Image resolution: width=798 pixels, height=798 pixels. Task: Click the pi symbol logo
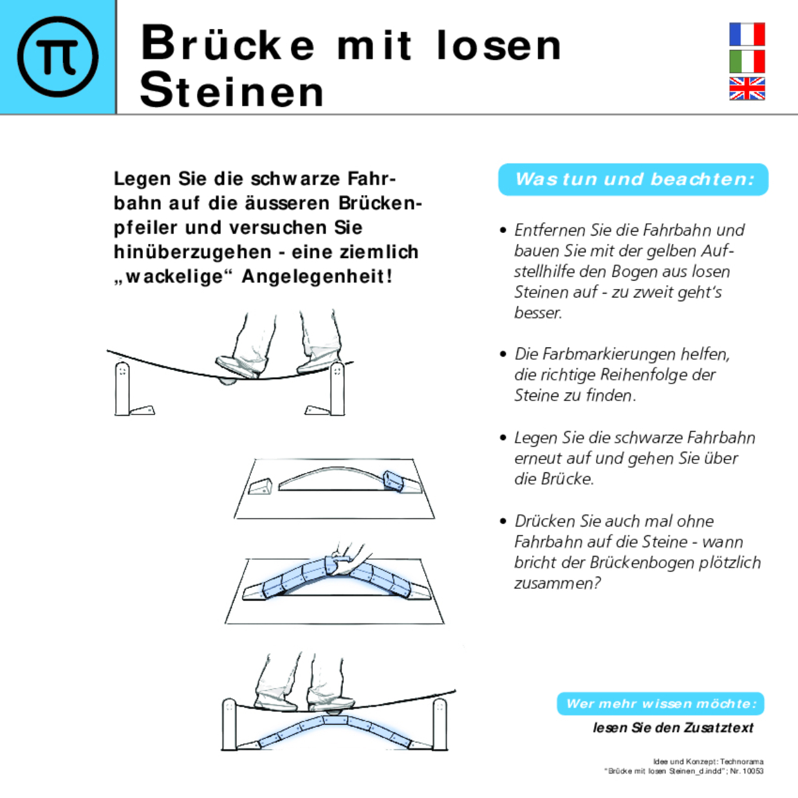[x=58, y=57]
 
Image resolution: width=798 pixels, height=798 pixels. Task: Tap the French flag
[x=747, y=34]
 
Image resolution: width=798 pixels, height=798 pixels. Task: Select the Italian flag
[x=747, y=62]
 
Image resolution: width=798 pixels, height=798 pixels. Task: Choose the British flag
[x=747, y=89]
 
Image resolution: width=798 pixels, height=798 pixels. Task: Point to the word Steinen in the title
[x=232, y=91]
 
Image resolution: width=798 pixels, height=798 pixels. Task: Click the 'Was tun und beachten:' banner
[x=633, y=179]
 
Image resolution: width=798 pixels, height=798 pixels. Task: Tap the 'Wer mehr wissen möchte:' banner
[x=660, y=703]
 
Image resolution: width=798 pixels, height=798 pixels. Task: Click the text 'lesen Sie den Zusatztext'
[x=673, y=728]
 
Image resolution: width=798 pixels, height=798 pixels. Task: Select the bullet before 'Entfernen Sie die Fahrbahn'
[x=503, y=230]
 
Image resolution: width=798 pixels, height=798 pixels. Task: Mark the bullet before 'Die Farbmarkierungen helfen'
[x=503, y=354]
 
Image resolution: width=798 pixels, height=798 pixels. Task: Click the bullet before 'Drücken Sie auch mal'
[x=503, y=521]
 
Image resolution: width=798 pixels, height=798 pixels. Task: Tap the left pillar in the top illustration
[x=122, y=389]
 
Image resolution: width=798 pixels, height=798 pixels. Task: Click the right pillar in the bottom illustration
[x=440, y=724]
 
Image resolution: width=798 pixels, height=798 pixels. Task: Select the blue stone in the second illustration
[x=393, y=480]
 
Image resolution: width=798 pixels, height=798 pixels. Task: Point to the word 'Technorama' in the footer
[x=741, y=761]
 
